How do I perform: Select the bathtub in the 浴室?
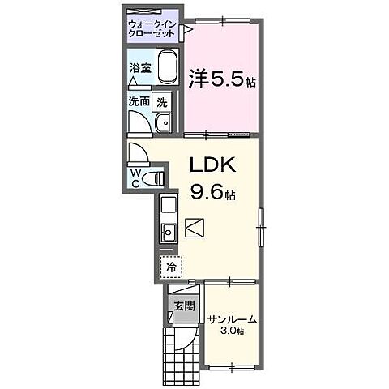point(166,66)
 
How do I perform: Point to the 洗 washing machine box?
point(162,102)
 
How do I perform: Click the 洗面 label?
point(138,102)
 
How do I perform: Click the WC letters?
point(135,177)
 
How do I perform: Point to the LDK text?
point(213,165)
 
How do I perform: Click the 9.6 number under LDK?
point(207,193)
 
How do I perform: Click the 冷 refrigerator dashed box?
point(171,265)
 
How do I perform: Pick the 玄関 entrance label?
point(183,306)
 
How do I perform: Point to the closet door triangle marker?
point(186,31)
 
